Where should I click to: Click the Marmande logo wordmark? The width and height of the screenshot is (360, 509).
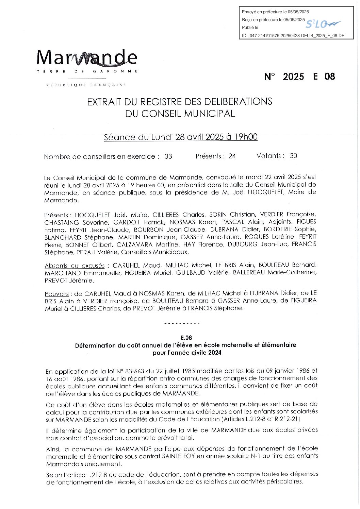87,58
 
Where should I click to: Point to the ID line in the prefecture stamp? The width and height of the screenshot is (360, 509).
293,35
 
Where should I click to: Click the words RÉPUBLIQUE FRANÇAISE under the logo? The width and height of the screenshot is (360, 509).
86,85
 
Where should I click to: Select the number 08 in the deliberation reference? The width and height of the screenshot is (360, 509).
330,77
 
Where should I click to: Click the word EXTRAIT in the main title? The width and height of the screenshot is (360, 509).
103,102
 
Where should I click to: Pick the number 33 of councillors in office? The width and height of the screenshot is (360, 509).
168,156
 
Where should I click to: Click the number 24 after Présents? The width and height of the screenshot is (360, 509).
232,156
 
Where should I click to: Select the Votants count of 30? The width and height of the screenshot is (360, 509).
293,156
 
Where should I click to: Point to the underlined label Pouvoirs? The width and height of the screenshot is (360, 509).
56,294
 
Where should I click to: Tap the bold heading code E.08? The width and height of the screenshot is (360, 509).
186,338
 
